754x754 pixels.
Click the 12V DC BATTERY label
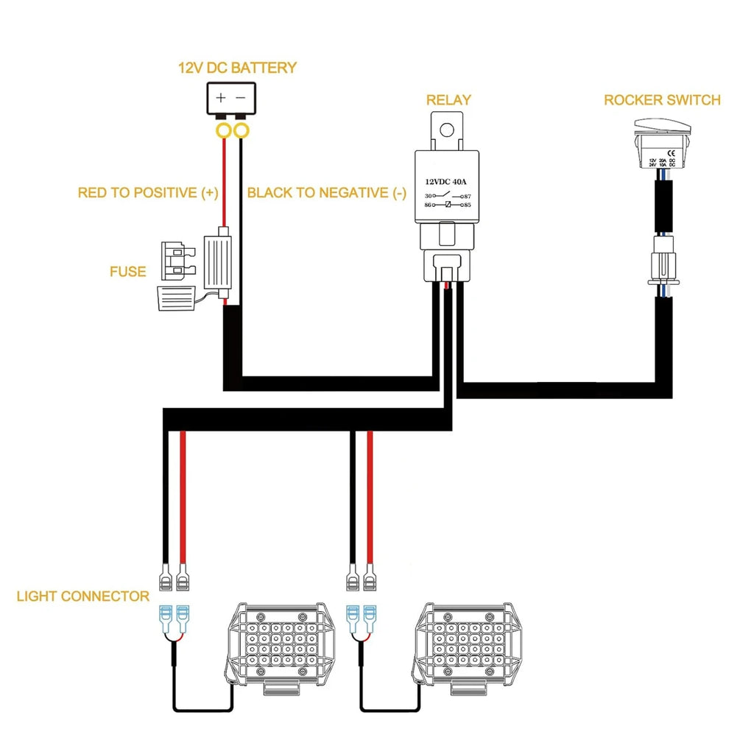coord(237,68)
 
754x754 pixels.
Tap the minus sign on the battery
coord(241,97)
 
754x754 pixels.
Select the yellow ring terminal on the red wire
coord(222,132)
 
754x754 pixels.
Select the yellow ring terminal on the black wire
coord(241,132)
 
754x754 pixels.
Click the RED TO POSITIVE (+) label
coord(148,193)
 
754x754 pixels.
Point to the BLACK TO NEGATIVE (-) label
coord(326,193)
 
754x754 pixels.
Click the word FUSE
coord(127,272)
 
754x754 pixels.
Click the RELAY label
coord(448,100)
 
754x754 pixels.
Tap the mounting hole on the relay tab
coord(445,130)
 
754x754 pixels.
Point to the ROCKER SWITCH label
coord(662,100)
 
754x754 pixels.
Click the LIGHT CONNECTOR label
coord(82,596)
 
